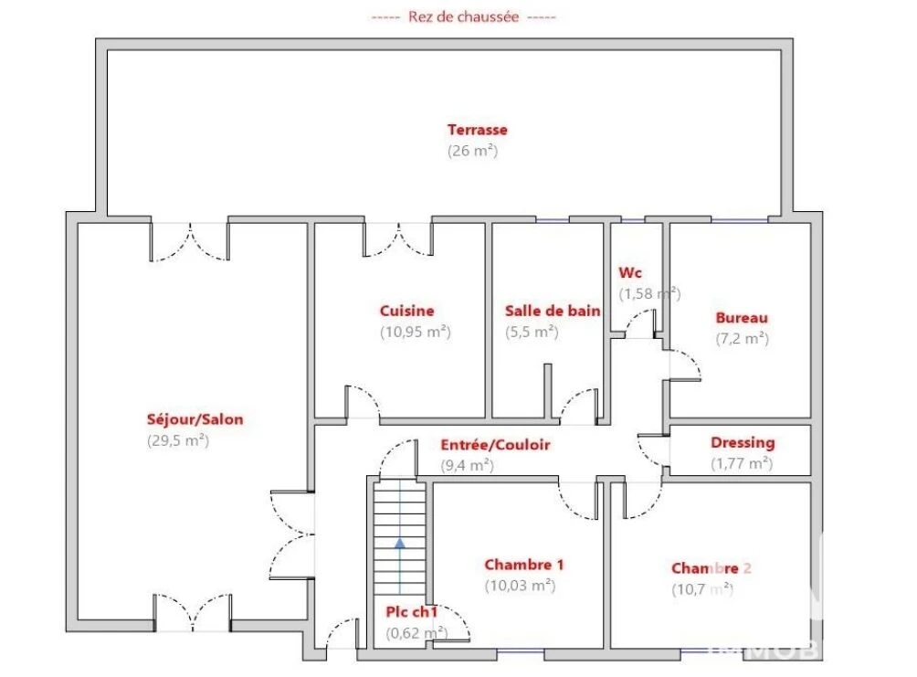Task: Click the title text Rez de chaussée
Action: click(463, 17)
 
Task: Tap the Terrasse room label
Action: click(477, 130)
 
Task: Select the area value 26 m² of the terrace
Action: click(472, 151)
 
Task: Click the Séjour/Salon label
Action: click(195, 419)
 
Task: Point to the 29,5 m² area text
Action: click(178, 440)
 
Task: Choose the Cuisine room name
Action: click(407, 311)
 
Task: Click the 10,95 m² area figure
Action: click(416, 332)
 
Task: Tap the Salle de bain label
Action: click(553, 311)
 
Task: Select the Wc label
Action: click(630, 272)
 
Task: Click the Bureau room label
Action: click(742, 318)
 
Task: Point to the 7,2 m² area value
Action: click(743, 338)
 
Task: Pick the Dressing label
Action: click(743, 443)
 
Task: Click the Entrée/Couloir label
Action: click(495, 445)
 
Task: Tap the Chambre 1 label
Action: click(524, 565)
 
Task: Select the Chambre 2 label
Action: click(711, 568)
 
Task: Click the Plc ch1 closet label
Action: click(412, 612)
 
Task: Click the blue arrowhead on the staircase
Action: click(400, 544)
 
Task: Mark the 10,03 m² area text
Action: click(520, 585)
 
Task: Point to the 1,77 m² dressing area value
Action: click(742, 463)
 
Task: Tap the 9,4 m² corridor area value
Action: click(468, 465)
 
